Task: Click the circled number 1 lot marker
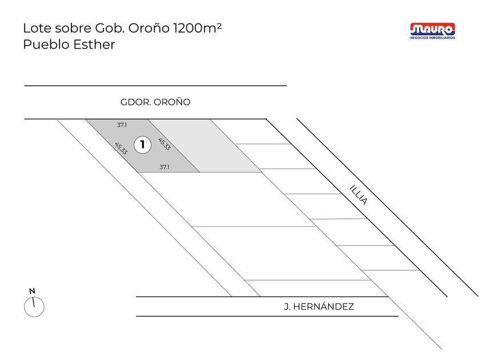point(143,145)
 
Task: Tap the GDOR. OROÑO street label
point(155,102)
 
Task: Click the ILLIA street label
point(358,195)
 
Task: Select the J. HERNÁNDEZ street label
point(319,306)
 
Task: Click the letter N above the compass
point(32,291)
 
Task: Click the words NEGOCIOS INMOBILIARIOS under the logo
point(433,38)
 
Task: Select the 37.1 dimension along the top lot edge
point(122,125)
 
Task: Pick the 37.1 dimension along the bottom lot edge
point(165,167)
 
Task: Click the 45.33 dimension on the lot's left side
point(121,148)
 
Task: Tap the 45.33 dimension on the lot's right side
point(165,144)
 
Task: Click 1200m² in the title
point(197,28)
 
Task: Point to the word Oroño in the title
point(149,28)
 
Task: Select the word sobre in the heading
point(73,28)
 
